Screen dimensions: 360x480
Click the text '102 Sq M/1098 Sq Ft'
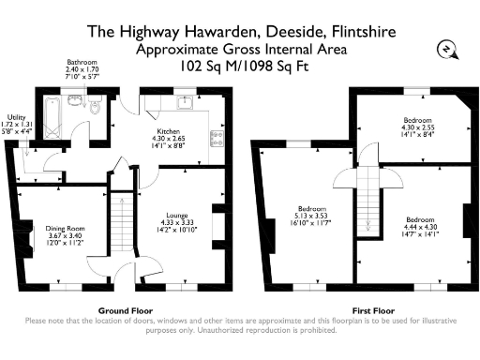click(x=241, y=67)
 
